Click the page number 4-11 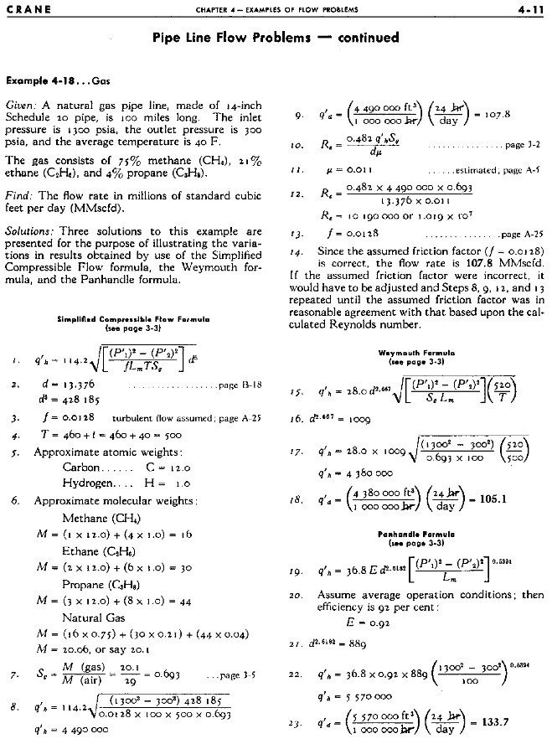(528, 10)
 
